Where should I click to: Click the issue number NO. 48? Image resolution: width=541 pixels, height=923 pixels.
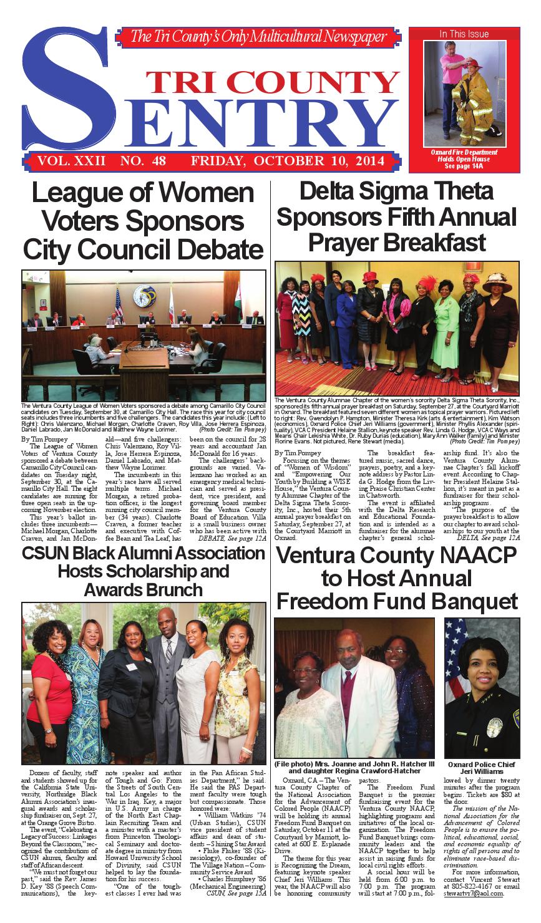point(144,162)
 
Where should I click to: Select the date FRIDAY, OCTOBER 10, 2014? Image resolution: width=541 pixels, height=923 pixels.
point(288,162)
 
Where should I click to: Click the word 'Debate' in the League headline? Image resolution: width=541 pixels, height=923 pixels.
point(212,249)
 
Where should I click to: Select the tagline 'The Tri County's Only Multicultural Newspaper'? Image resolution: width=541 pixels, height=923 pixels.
point(258,37)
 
